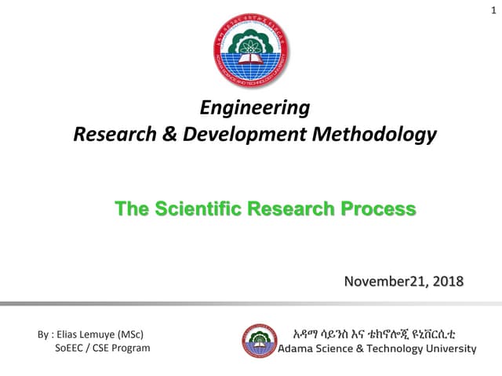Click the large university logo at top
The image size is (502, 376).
point(251,52)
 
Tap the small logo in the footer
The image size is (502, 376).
point(259,341)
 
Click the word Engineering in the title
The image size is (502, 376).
point(256,107)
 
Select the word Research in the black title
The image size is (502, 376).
point(114,135)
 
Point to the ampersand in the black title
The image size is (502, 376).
point(170,135)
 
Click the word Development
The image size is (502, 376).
point(243,135)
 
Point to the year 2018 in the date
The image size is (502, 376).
point(447,281)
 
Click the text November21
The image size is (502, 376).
point(380,281)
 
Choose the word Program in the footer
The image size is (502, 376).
point(129,348)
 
